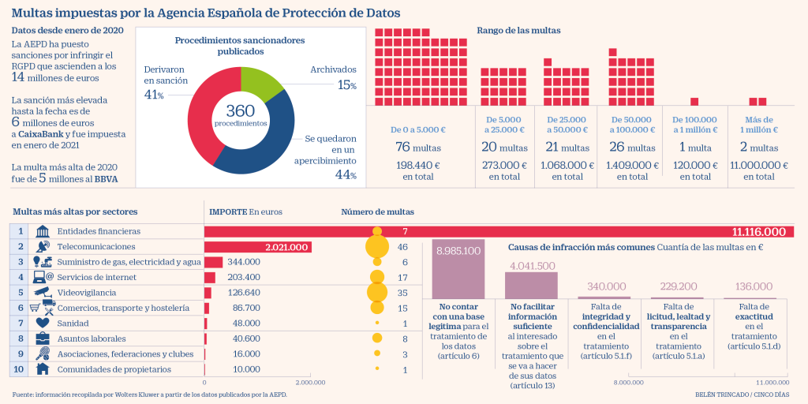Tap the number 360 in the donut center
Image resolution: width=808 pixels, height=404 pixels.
click(x=241, y=111)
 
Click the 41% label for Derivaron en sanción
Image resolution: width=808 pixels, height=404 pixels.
click(x=154, y=95)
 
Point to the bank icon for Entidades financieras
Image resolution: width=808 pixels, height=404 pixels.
click(x=43, y=231)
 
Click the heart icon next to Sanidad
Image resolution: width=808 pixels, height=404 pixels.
click(x=43, y=323)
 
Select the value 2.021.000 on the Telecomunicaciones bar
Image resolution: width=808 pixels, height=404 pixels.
click(x=286, y=247)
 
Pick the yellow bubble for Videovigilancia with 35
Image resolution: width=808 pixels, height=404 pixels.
click(x=377, y=292)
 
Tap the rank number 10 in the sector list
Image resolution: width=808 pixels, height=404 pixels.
click(x=19, y=368)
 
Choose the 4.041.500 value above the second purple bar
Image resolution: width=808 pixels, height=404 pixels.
click(x=533, y=266)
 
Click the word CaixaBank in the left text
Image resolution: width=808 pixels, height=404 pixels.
click(x=43, y=135)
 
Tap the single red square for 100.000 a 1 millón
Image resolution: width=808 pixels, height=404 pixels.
click(x=694, y=101)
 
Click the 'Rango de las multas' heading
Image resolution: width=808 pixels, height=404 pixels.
click(x=518, y=30)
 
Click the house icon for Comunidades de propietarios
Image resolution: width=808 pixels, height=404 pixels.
click(x=43, y=368)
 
